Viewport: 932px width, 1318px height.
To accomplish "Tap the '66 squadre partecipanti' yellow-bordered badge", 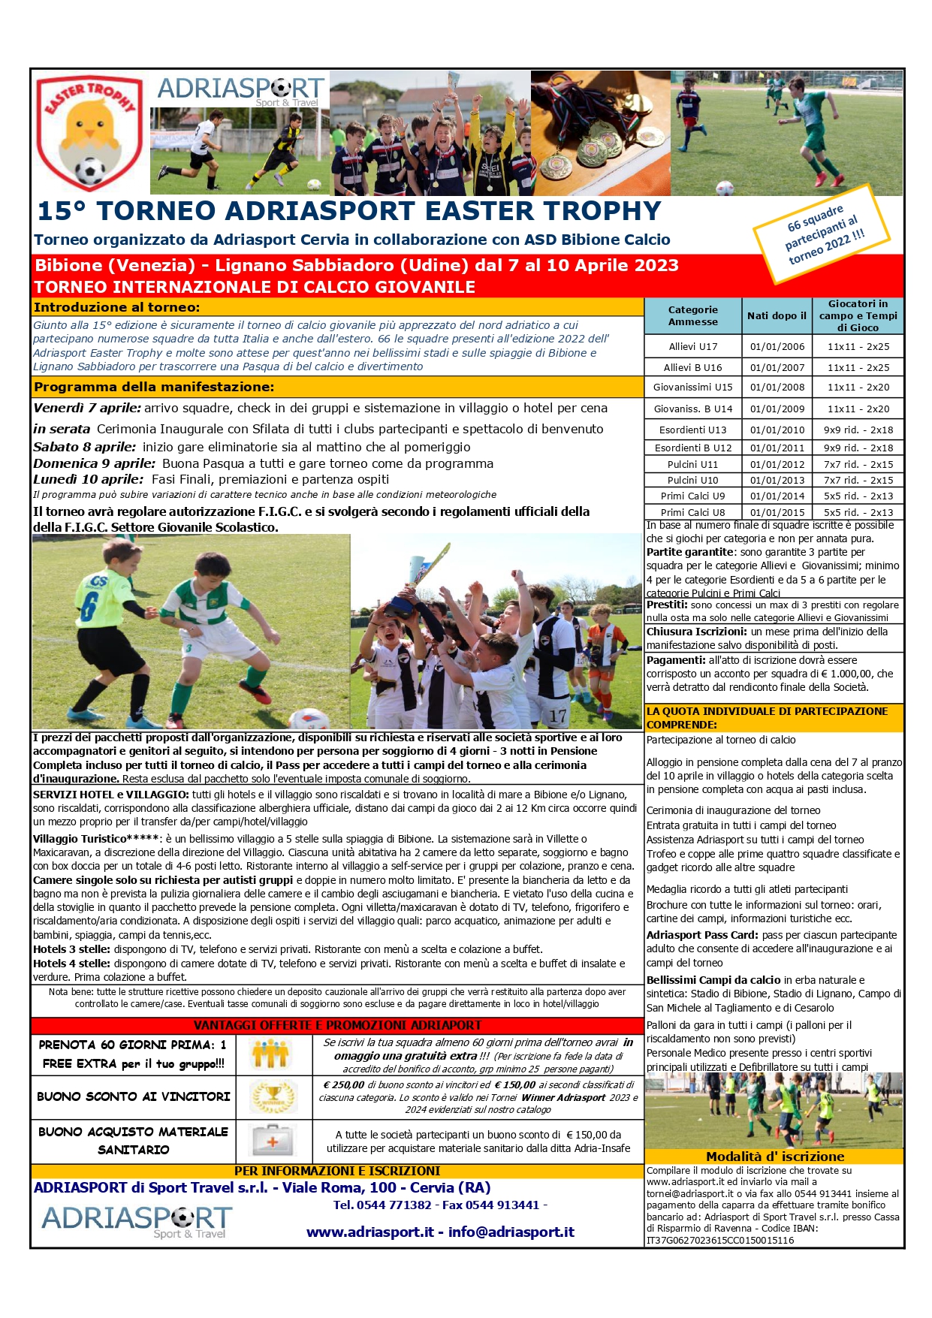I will tap(823, 234).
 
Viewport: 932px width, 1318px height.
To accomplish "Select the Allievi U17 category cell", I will tap(692, 347).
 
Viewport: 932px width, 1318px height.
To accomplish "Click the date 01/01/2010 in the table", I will tap(777, 430).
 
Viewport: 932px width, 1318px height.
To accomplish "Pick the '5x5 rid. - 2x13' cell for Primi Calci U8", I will tap(858, 512).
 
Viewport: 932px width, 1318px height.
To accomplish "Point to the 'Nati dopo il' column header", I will tap(777, 316).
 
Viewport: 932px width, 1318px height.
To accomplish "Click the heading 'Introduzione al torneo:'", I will tap(117, 307).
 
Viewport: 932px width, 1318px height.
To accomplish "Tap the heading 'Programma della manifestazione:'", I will tap(154, 388).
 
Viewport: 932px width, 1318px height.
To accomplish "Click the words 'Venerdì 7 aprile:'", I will tap(87, 409).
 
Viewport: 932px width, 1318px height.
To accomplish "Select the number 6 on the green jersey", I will tap(89, 607).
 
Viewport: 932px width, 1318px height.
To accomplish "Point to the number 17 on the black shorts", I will tap(557, 716).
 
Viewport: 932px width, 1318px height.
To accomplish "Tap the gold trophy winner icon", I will tap(273, 1097).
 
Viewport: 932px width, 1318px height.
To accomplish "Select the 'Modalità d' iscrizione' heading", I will tap(775, 1157).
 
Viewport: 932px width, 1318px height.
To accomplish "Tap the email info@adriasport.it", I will tap(511, 1232).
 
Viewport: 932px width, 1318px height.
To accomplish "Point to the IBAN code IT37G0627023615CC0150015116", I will tap(719, 1241).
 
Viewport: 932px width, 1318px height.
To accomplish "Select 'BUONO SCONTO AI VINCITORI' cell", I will tap(134, 1096).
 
